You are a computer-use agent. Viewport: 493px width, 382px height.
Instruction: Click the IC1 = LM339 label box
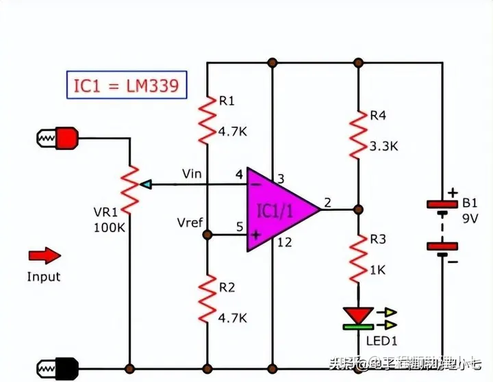(x=125, y=86)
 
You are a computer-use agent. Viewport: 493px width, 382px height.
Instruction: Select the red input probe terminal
(x=66, y=138)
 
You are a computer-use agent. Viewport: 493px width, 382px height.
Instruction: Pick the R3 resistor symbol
(x=357, y=258)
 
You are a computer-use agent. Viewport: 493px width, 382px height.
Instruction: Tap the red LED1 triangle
(x=357, y=316)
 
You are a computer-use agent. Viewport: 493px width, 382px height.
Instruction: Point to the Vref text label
(x=189, y=223)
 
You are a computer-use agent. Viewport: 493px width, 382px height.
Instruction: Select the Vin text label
(x=192, y=174)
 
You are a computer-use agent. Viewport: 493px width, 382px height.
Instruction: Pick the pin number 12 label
(x=284, y=241)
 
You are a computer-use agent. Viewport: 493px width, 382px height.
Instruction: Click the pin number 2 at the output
(x=327, y=202)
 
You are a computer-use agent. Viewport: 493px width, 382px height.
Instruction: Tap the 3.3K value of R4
(x=383, y=145)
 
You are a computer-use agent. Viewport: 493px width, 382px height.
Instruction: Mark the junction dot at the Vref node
(x=207, y=234)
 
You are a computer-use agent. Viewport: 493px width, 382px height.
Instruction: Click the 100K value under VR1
(x=110, y=227)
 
